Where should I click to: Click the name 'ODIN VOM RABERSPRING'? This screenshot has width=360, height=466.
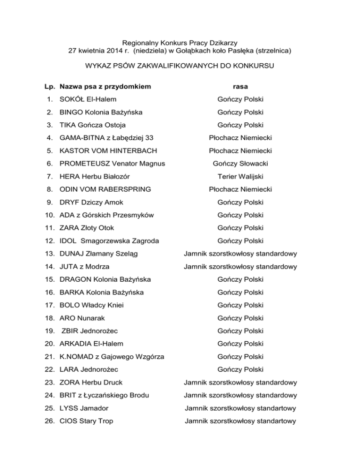point(105,189)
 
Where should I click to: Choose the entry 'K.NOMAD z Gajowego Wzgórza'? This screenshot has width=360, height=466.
point(105,357)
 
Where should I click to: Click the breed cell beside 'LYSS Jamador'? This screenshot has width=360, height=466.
point(240,408)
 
